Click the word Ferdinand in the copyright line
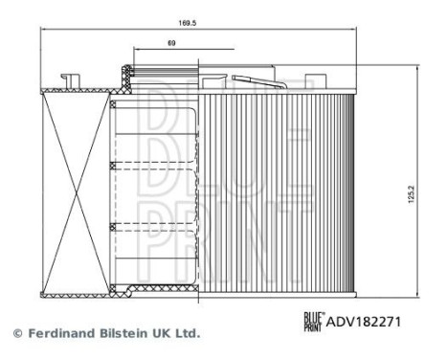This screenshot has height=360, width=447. [65, 333]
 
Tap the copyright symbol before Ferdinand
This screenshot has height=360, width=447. [16, 333]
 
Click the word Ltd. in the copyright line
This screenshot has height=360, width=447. [187, 333]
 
